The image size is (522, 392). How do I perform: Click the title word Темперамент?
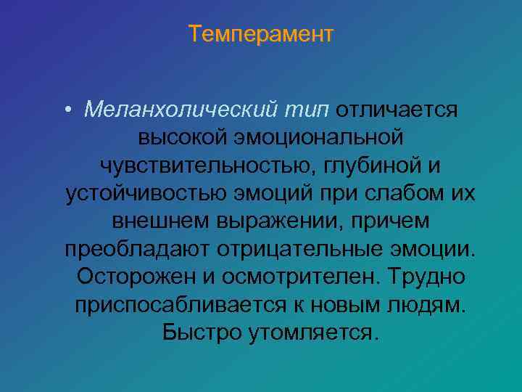point(261,34)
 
